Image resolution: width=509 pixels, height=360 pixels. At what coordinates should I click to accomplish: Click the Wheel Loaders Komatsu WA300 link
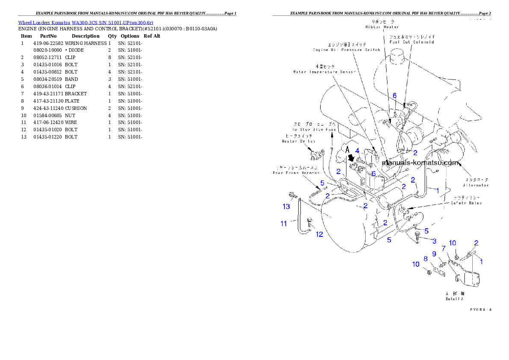pos(86,23)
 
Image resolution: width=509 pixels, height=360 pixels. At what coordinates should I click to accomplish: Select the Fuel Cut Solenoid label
pos(411,42)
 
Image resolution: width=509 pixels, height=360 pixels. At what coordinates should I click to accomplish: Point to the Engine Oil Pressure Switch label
pos(346,50)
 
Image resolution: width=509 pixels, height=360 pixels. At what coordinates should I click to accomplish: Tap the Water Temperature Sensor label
pos(324,72)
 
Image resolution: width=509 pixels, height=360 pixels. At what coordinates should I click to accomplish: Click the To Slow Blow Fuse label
pos(314,129)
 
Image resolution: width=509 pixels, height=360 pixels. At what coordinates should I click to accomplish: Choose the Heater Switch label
pos(299,141)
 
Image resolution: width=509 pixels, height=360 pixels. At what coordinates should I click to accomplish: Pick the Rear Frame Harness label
pos(296,173)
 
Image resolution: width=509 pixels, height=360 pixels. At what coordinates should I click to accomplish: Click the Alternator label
pos(476,185)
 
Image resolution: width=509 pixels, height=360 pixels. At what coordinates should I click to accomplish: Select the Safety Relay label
pos(466,203)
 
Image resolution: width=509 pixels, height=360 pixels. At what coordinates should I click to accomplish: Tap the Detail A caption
pos(455,299)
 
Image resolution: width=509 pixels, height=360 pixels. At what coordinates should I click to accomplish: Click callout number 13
pos(286,207)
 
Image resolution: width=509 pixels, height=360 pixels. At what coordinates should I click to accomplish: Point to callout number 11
pos(284,224)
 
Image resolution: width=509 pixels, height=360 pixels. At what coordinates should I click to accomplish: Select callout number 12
pos(320,234)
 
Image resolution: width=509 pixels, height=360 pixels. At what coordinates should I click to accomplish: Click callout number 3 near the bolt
pos(434,241)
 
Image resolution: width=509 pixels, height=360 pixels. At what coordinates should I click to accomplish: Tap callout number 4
pos(357,151)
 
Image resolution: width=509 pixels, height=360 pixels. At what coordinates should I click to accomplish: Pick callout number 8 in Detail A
pos(426,259)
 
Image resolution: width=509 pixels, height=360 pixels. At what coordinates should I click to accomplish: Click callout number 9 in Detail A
pos(434,254)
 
